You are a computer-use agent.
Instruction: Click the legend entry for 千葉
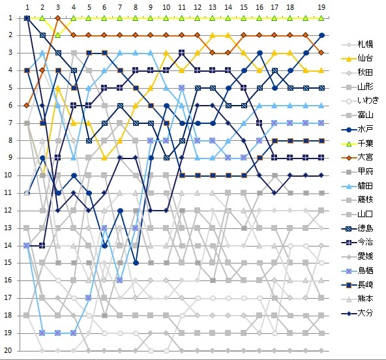point(357,143)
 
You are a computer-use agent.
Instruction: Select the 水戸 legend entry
point(357,128)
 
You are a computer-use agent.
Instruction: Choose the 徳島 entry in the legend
point(357,228)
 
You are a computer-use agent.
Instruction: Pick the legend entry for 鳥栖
point(357,271)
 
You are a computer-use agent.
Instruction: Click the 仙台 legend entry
point(357,58)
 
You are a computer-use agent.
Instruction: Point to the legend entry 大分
point(357,313)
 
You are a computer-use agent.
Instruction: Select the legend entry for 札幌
point(357,44)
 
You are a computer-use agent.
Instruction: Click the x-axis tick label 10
point(166,7)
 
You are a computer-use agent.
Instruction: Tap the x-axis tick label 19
point(321,7)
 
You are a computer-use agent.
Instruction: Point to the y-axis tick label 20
point(8,350)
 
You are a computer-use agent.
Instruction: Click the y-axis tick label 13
point(8,228)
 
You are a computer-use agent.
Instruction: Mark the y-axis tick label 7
point(10,123)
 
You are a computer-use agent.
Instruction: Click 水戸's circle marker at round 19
point(321,35)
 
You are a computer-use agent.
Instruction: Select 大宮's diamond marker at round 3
point(58,18)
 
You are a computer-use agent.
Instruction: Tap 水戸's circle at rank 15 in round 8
point(136,263)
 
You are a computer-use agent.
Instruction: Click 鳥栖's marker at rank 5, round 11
point(182,88)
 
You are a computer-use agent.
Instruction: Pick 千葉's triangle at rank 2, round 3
point(58,35)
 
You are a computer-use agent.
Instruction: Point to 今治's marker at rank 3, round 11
point(182,53)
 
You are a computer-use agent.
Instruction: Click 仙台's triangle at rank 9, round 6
point(104,158)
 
